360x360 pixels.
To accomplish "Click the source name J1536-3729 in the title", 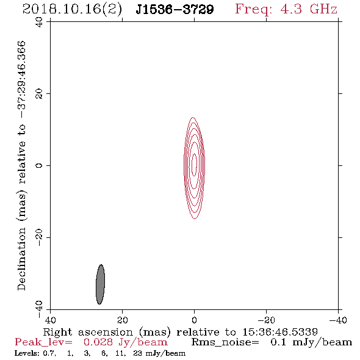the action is [x=175, y=10].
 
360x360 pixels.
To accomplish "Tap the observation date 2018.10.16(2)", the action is [x=72, y=10].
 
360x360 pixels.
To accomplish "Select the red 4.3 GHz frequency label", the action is [x=286, y=10].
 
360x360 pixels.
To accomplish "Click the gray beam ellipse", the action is [x=100, y=284].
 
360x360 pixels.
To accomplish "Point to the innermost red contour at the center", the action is [x=195, y=165].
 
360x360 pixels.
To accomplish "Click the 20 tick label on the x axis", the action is [x=123, y=320].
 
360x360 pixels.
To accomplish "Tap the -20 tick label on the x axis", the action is [x=266, y=320].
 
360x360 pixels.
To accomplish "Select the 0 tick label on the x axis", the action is [x=195, y=320].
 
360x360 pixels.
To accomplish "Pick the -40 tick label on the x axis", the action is [x=338, y=320].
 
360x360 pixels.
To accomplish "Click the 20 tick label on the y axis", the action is [x=39, y=94].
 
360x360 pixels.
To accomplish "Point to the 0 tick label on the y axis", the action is [x=39, y=165].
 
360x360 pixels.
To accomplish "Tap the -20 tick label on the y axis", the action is [x=39, y=237].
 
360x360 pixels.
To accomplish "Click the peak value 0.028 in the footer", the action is [x=98, y=342].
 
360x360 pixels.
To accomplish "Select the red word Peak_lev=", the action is [x=43, y=342].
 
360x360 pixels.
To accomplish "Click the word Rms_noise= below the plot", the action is [x=225, y=342].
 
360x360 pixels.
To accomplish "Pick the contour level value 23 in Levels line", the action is [x=137, y=353].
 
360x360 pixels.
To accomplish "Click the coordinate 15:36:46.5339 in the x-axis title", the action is [x=280, y=332].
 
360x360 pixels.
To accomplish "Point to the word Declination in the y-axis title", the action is [x=21, y=259].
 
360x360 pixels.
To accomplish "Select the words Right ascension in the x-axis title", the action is [x=88, y=333].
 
